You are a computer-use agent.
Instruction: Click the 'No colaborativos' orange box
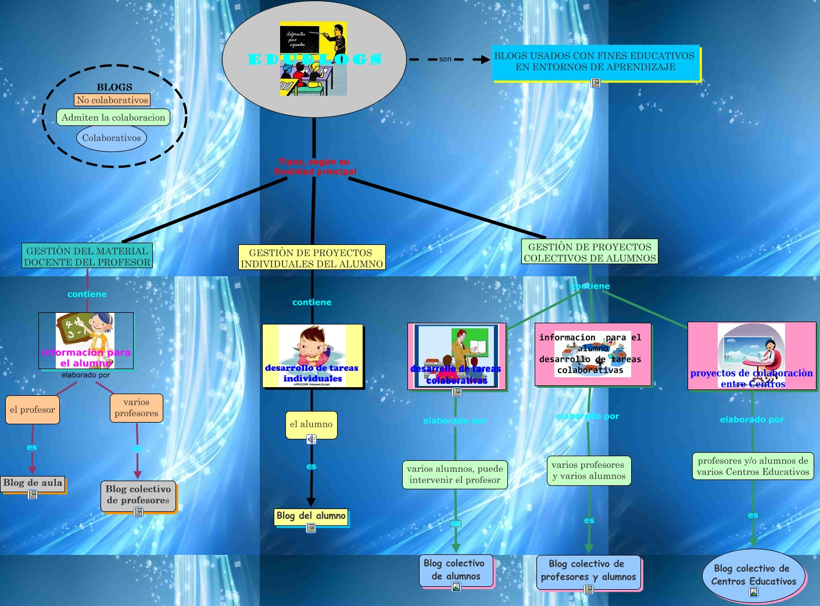[112, 100]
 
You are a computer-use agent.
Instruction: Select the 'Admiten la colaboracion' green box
[113, 117]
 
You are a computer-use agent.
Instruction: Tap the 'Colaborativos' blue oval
[111, 138]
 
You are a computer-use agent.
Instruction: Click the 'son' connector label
[445, 59]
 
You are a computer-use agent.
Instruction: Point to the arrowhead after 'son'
[485, 59]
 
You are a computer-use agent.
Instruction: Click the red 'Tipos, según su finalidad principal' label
[314, 167]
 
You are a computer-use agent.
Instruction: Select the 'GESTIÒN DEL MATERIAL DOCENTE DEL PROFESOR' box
[87, 256]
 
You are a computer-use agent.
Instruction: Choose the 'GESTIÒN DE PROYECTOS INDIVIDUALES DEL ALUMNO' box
[312, 258]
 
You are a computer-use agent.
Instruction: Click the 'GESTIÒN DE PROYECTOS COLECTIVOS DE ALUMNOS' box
[589, 252]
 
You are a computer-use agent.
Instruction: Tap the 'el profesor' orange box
[33, 410]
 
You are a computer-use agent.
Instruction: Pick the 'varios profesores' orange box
[137, 407]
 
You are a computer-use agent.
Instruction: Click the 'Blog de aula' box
[33, 483]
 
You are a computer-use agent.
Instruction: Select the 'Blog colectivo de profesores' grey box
[138, 495]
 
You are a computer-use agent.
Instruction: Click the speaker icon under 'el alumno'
[311, 439]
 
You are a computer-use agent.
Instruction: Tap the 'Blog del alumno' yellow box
[311, 516]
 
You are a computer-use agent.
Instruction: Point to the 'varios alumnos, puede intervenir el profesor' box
[455, 474]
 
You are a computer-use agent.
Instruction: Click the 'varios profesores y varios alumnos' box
[589, 470]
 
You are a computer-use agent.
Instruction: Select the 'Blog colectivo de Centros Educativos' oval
[754, 575]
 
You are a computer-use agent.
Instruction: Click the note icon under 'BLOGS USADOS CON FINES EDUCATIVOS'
[595, 83]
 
